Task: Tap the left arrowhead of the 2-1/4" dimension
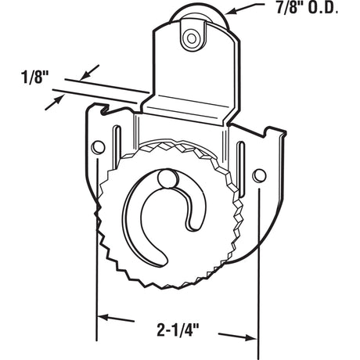[104, 319]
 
